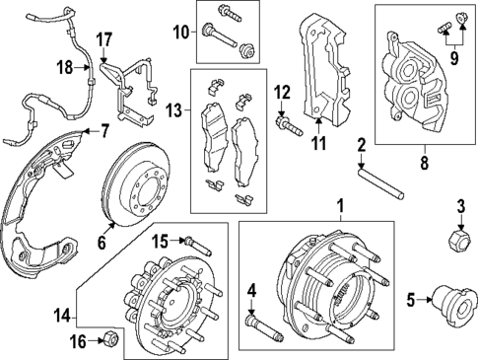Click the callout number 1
click(341, 208)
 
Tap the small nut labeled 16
click(111, 340)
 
